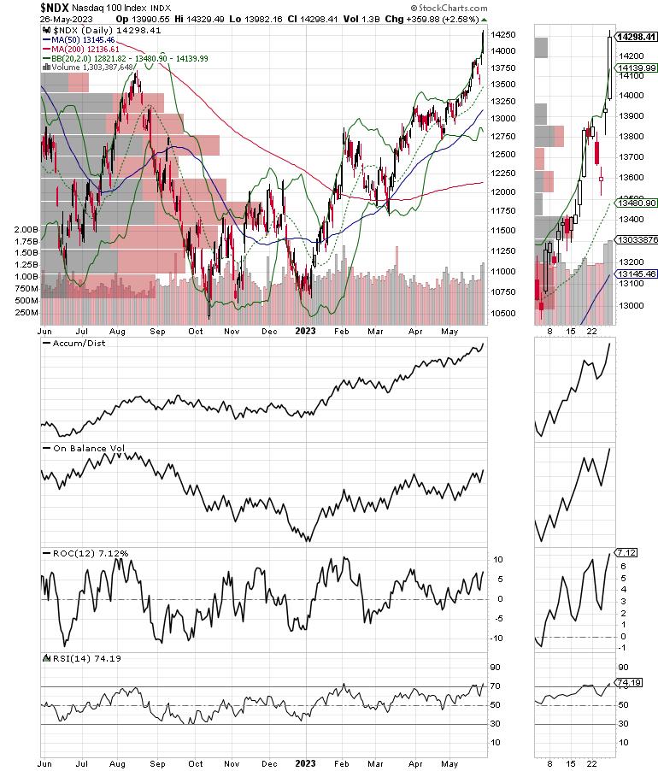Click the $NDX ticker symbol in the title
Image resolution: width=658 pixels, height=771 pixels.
(56, 7)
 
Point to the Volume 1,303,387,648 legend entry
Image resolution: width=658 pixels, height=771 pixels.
(89, 67)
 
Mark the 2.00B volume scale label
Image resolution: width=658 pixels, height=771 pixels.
(26, 230)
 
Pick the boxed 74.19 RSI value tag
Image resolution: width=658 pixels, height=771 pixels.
(627, 683)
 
